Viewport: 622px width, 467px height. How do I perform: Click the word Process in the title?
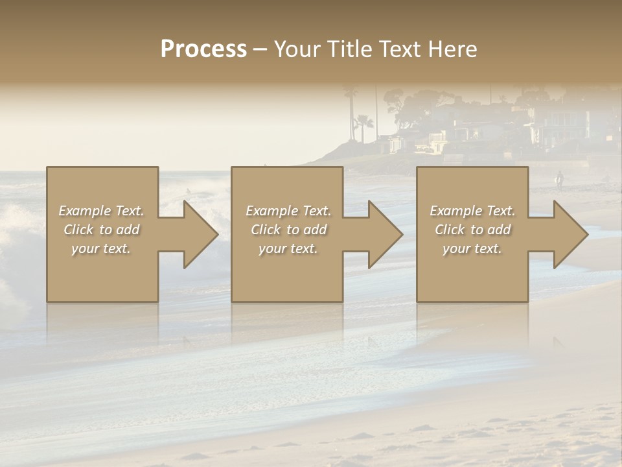coord(203,49)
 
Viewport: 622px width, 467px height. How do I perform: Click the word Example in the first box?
coord(84,211)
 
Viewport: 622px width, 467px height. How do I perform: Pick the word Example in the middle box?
coord(271,211)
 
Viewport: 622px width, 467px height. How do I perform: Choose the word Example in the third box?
coord(455,211)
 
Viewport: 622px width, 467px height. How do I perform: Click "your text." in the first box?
coord(101,248)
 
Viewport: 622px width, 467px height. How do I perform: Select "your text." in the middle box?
coord(288,248)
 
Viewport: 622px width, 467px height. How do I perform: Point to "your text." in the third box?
coord(472,248)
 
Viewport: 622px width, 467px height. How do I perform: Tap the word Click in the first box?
coord(78,230)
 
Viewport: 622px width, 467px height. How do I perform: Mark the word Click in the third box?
coord(450,230)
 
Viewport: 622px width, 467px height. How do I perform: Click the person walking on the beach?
coord(559,180)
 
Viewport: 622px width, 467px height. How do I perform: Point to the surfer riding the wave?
coord(188,191)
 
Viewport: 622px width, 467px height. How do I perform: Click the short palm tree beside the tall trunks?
coord(364,125)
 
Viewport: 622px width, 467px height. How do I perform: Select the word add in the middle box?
coord(315,230)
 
